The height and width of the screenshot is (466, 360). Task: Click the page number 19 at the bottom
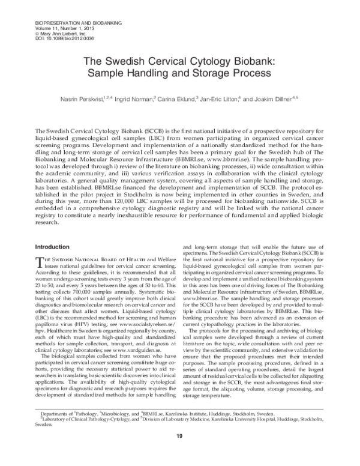179,452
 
